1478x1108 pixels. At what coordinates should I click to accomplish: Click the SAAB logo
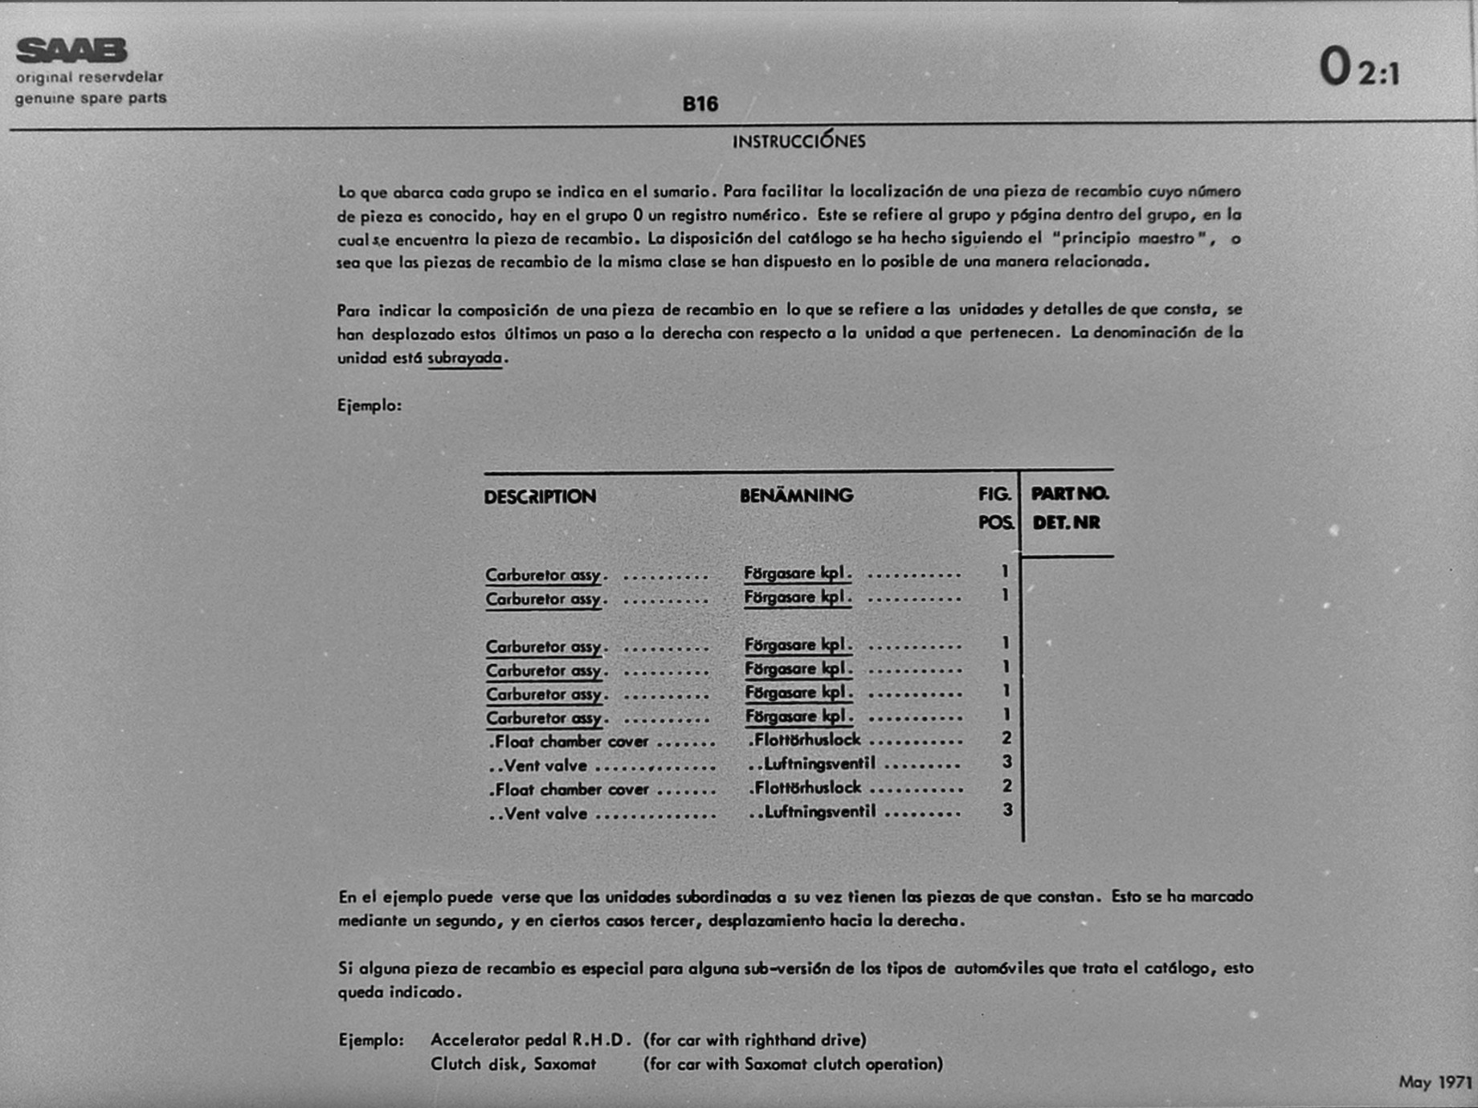coord(71,51)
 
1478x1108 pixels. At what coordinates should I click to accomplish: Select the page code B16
coord(700,104)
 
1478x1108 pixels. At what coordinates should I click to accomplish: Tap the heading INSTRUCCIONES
coord(798,141)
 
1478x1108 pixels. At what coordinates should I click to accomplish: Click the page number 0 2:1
coord(1359,67)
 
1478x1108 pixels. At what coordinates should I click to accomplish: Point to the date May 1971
coord(1435,1082)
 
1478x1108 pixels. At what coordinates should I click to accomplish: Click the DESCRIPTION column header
coord(540,497)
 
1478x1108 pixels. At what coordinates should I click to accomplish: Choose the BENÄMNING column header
coord(796,495)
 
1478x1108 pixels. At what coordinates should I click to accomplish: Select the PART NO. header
coord(1069,494)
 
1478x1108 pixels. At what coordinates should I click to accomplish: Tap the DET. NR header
coord(1066,523)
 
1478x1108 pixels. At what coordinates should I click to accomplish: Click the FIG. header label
coord(994,495)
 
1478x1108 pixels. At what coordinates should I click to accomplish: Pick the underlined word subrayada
coord(465,358)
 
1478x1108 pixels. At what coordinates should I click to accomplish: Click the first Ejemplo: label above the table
coord(369,405)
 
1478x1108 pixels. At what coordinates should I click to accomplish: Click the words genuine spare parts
coord(91,99)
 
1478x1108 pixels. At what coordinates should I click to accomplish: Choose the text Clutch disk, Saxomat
coord(513,1064)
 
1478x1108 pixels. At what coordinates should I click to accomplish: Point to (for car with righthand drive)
coord(754,1040)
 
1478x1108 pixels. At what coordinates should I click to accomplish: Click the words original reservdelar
coord(89,78)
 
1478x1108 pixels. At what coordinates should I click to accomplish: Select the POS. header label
coord(996,523)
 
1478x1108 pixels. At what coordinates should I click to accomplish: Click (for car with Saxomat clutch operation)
coord(793,1064)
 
